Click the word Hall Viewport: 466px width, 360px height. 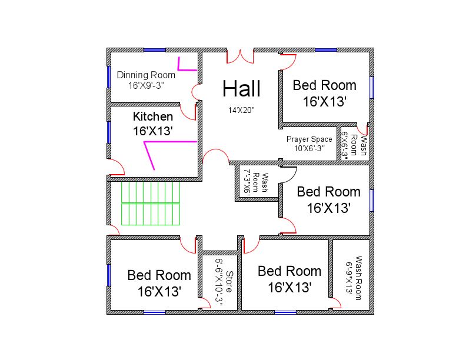(241, 89)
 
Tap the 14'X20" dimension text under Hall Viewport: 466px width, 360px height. (241, 110)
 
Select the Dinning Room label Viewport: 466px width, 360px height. (146, 75)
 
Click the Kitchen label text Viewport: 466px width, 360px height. (153, 116)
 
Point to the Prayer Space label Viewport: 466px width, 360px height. (309, 139)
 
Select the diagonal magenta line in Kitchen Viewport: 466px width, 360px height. (150, 156)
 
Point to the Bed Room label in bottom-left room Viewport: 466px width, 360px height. (159, 275)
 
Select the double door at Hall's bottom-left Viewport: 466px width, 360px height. (215, 156)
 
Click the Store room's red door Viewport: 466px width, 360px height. (205, 303)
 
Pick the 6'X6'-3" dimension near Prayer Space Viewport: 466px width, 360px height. (345, 144)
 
